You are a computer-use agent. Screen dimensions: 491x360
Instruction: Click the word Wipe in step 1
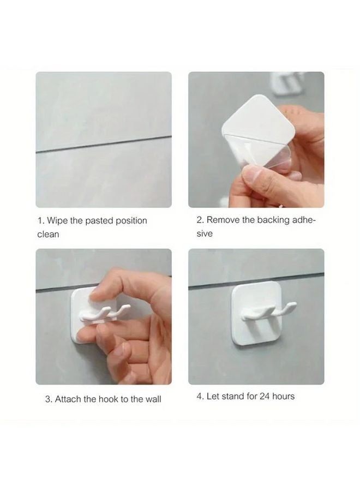[x=57, y=221]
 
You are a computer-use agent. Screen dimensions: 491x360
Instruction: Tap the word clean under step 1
[x=48, y=234]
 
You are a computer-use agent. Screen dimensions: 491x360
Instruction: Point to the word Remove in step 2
[x=223, y=220]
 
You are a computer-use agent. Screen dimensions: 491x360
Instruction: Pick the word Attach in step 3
[x=69, y=399]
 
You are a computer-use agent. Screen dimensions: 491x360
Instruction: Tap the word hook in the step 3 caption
[x=109, y=399]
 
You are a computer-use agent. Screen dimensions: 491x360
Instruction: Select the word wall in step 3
[x=153, y=399]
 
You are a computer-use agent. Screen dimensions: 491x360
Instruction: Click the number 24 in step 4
[x=265, y=396]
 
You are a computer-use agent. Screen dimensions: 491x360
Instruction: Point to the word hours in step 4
[x=284, y=396]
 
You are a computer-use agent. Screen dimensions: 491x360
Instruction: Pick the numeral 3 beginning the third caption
[x=47, y=399]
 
